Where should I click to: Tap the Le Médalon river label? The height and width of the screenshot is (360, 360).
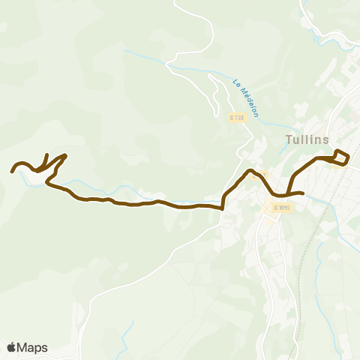click(245, 97)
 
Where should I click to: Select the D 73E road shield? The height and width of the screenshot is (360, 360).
click(236, 118)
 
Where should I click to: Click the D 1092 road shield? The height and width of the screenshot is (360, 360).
click(282, 207)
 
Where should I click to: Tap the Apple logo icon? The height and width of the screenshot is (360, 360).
click(12, 347)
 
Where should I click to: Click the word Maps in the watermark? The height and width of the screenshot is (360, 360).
click(33, 347)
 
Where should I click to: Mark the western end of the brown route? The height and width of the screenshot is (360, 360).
click(12, 172)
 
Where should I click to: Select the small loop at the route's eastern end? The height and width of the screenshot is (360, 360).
click(340, 156)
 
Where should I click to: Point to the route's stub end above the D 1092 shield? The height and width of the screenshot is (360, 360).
click(301, 193)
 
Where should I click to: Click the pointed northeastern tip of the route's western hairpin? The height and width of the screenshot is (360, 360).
click(66, 155)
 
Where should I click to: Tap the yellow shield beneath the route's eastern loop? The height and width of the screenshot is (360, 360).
click(339, 164)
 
